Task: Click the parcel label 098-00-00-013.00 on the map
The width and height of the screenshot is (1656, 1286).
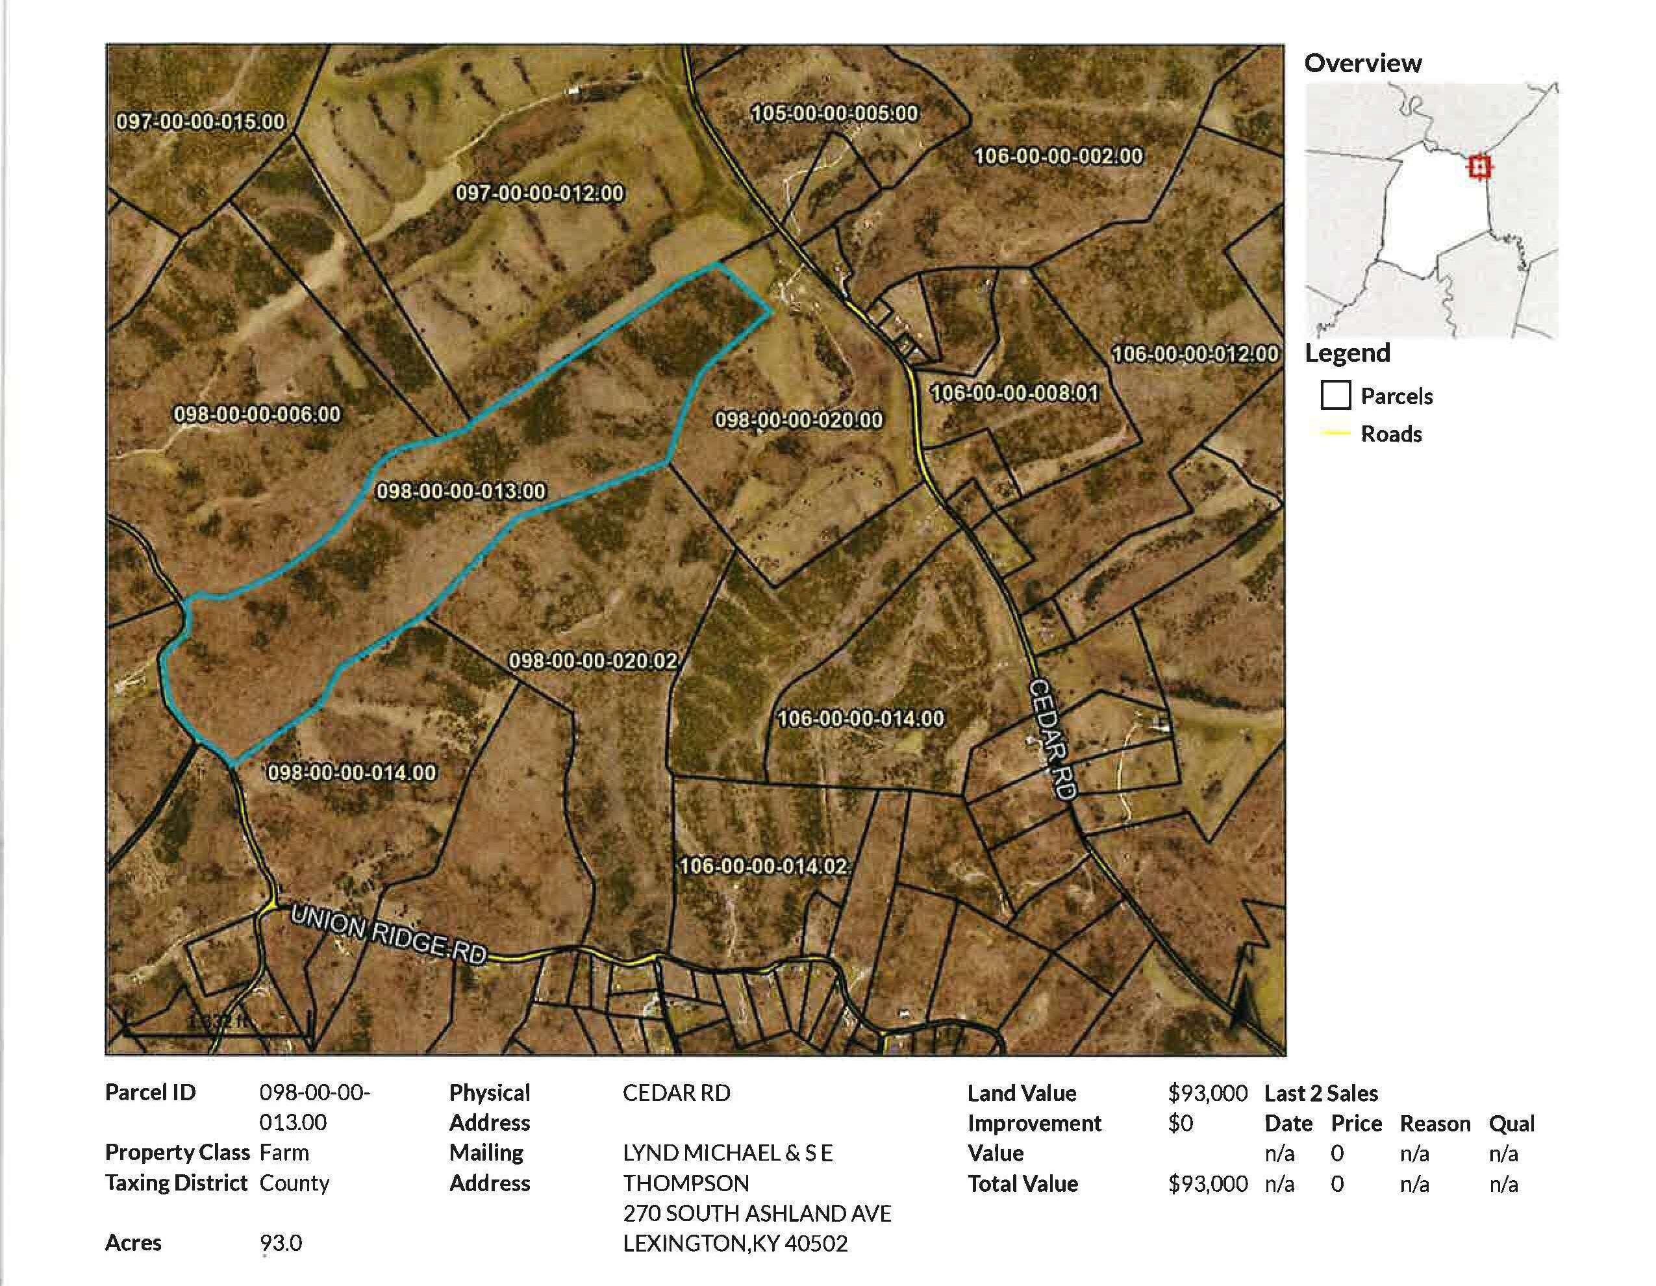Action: point(461,492)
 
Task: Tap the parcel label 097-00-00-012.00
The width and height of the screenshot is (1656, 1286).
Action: point(539,194)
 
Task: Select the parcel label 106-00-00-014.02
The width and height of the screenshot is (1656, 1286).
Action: point(763,866)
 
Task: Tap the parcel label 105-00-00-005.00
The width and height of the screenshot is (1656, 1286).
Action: point(834,114)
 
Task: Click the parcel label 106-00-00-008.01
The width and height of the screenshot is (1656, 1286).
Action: point(1014,394)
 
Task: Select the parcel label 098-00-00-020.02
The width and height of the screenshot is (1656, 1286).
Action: point(592,661)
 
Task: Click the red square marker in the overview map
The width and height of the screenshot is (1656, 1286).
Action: point(1479,167)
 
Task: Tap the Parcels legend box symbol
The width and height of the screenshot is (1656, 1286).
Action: point(1335,395)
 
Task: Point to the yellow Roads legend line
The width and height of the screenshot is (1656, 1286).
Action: point(1335,434)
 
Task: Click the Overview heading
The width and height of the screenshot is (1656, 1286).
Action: point(1362,63)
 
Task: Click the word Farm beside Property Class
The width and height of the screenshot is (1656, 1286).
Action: point(284,1153)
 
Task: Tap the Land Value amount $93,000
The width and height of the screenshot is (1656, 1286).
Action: point(1207,1092)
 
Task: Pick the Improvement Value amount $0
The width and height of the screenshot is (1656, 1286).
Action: point(1181,1123)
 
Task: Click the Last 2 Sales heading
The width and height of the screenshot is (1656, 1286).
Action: point(1321,1092)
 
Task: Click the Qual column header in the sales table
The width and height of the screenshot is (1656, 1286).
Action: point(1511,1123)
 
